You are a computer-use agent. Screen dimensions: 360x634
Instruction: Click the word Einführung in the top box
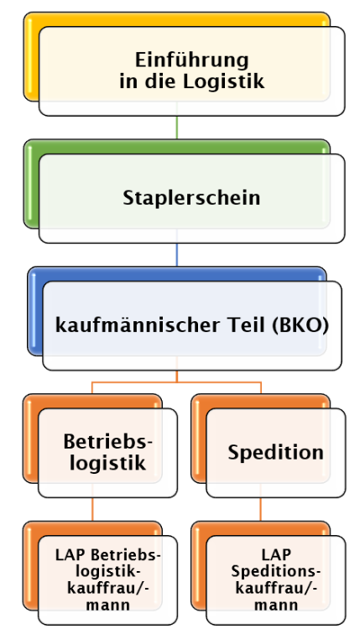click(x=191, y=60)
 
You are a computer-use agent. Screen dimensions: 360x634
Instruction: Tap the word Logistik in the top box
click(x=224, y=81)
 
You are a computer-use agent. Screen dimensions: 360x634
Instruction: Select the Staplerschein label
click(x=191, y=198)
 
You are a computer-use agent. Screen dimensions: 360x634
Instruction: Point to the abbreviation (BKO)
click(x=300, y=325)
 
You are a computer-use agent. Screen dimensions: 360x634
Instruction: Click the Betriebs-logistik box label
click(x=107, y=453)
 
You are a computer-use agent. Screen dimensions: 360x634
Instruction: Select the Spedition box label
click(x=275, y=452)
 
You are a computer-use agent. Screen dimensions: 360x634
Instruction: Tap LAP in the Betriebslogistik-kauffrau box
click(x=71, y=555)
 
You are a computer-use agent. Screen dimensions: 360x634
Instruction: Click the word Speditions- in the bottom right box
click(x=276, y=572)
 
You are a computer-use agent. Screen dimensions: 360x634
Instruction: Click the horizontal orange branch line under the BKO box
click(x=176, y=382)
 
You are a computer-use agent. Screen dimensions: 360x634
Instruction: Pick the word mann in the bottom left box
click(x=108, y=605)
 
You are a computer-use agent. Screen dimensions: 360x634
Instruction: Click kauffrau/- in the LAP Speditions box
click(x=276, y=589)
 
